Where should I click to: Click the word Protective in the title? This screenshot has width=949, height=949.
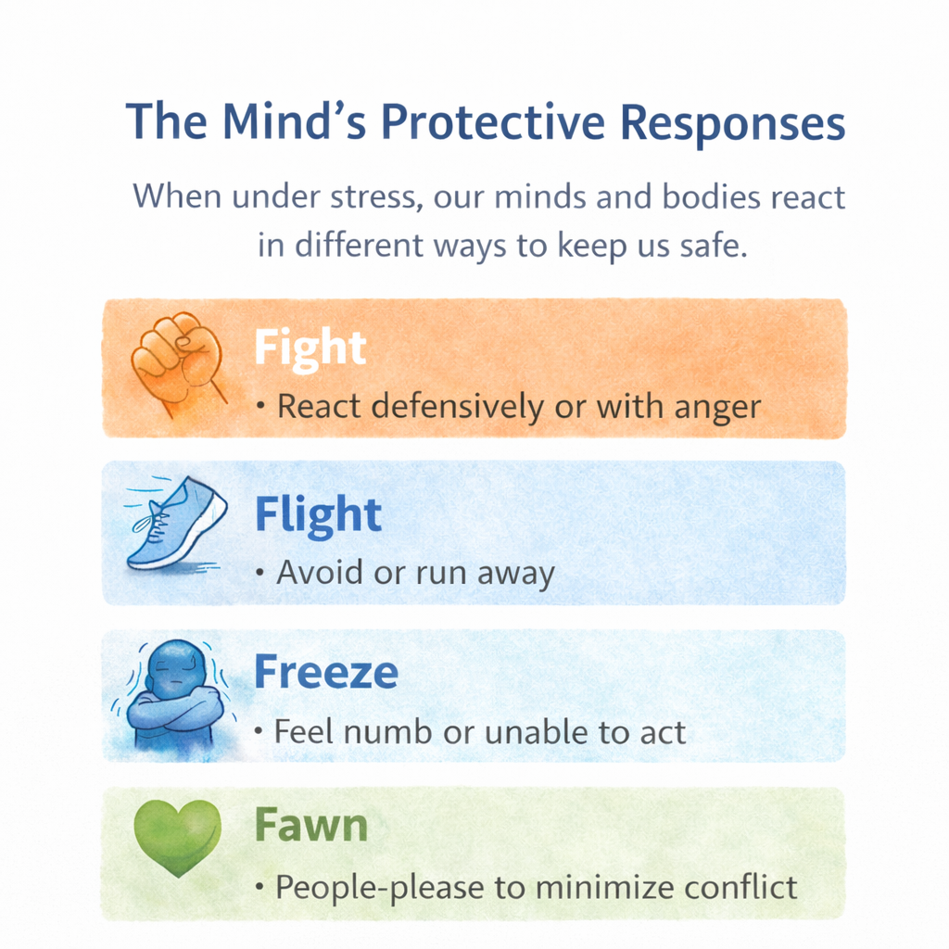pyautogui.click(x=493, y=122)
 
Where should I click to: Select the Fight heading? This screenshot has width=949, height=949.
pyautogui.click(x=310, y=348)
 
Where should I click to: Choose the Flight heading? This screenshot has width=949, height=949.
pyautogui.click(x=318, y=515)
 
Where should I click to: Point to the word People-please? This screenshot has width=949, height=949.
pyautogui.click(x=380, y=889)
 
